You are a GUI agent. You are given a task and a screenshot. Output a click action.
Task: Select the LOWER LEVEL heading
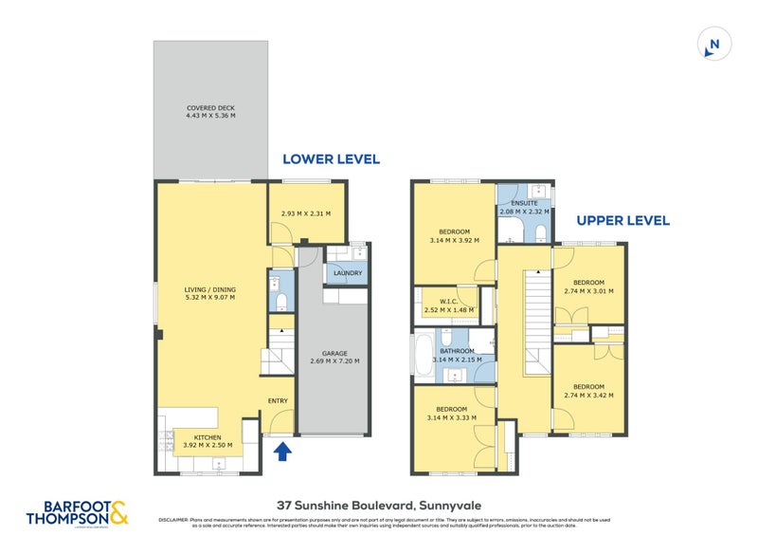[331, 159]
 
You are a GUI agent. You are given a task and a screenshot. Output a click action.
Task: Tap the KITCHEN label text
[207, 436]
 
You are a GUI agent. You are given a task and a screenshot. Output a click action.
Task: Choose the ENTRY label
[278, 400]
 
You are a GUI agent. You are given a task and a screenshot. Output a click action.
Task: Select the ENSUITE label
[524, 202]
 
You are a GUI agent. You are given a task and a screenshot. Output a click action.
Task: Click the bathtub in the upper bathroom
[423, 355]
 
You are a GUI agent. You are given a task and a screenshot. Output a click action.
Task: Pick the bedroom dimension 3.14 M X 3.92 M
[454, 241]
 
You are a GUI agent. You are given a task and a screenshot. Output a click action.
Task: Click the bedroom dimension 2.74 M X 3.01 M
[588, 291]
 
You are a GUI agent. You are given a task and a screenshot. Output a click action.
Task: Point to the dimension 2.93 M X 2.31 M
[305, 213]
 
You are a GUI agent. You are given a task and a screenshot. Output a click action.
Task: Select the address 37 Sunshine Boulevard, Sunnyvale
[379, 505]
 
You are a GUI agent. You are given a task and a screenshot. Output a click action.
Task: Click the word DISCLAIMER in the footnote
[173, 520]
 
